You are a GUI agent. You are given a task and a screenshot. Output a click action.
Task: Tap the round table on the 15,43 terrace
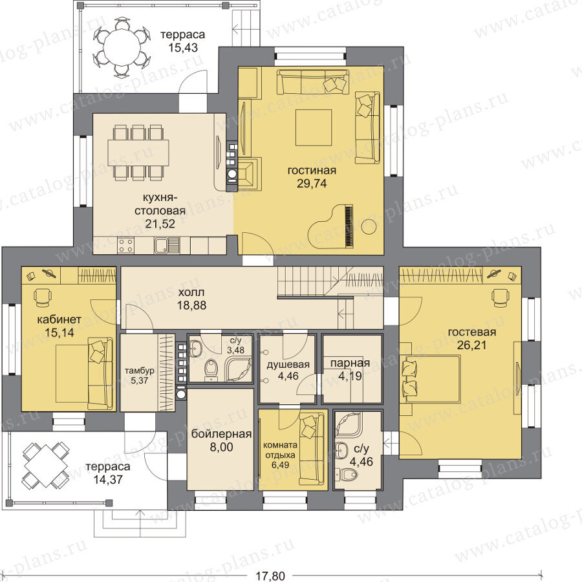tap(122, 48)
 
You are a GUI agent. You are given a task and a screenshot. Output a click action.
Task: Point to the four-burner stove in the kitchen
tap(126, 245)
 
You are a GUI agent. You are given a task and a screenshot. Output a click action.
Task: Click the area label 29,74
tap(312, 184)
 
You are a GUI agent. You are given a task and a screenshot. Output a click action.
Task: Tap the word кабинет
tap(59, 319)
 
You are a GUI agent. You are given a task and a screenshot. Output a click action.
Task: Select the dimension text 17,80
tap(270, 576)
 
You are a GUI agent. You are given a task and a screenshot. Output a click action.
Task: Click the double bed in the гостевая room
tap(432, 379)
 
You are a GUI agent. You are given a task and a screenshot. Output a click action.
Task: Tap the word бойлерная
tap(222, 433)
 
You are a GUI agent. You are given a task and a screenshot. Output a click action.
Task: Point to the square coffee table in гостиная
tap(314, 127)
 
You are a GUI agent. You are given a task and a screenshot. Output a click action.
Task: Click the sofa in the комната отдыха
tap(312, 450)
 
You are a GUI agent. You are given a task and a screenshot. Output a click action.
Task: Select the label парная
tap(350, 363)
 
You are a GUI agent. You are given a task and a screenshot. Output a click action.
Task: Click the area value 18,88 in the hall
tap(192, 305)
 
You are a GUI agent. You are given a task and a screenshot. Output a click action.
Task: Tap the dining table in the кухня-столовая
tap(138, 153)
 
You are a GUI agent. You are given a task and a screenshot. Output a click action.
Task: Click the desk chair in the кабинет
tap(43, 297)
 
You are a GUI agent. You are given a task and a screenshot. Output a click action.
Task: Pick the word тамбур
tap(140, 371)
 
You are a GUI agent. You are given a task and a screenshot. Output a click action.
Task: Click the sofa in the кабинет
tap(100, 373)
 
